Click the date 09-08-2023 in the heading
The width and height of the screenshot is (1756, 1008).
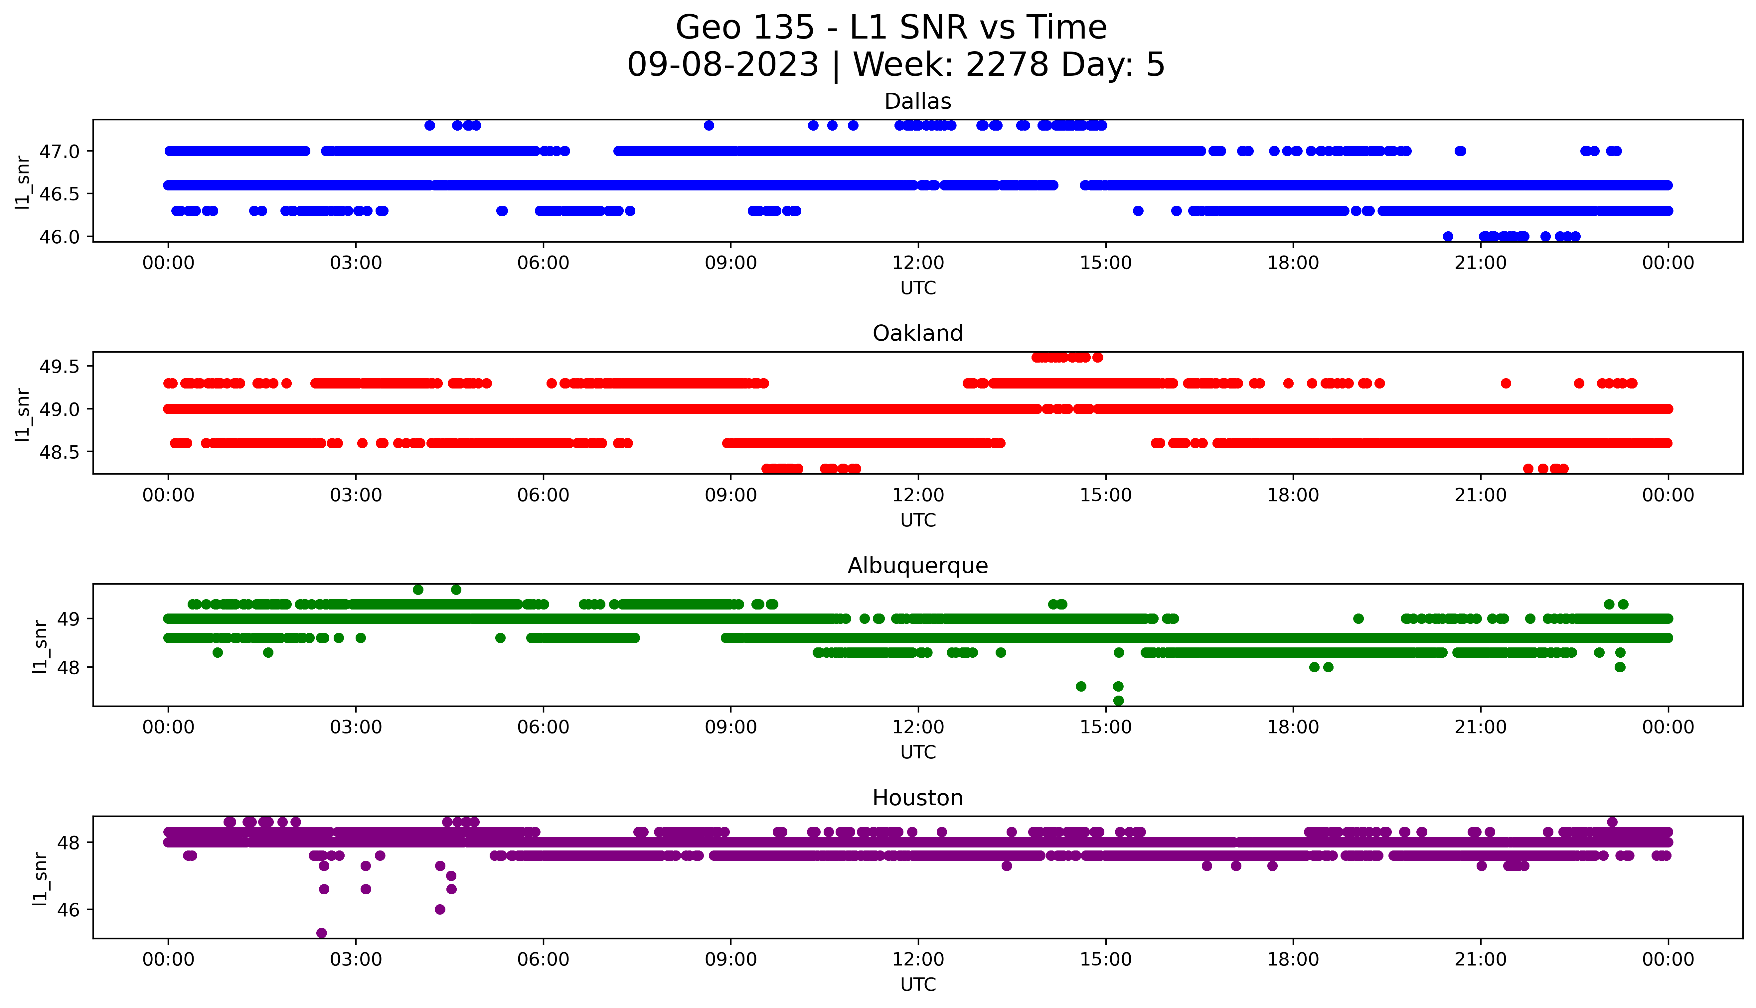(x=722, y=65)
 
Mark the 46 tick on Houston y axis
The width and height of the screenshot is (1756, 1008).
(x=69, y=910)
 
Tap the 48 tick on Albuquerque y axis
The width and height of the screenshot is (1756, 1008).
(x=69, y=667)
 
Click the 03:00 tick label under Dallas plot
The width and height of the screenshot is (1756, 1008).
(x=356, y=263)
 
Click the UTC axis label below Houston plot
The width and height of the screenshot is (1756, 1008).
(x=918, y=984)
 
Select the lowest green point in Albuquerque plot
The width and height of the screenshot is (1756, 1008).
(x=1118, y=701)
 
